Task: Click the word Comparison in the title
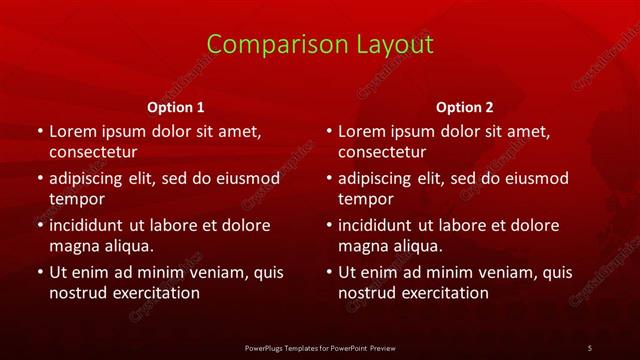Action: click(x=264, y=45)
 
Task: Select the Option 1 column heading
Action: click(x=176, y=107)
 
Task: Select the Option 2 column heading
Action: click(x=465, y=107)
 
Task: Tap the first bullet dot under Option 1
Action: click(x=39, y=131)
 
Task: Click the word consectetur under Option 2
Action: click(x=382, y=152)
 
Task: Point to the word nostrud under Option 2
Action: click(x=368, y=293)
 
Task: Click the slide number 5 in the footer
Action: click(x=590, y=347)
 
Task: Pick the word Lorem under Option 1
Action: click(x=71, y=131)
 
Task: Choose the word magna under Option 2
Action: click(x=362, y=246)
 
